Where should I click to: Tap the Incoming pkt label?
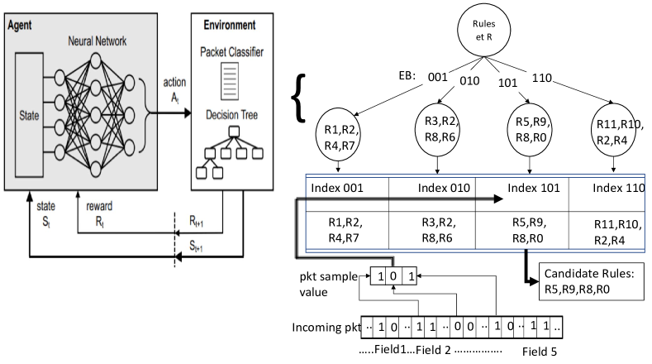(325, 328)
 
